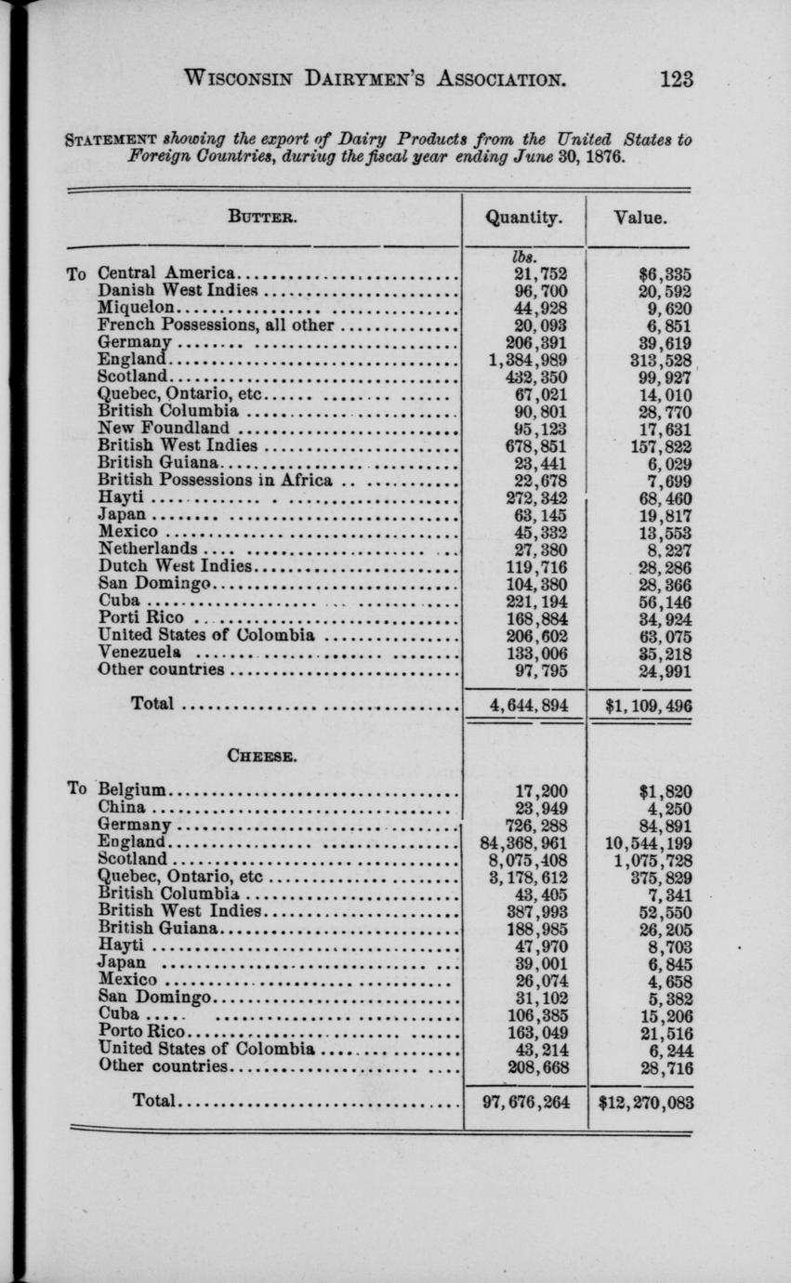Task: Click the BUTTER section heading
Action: (x=262, y=219)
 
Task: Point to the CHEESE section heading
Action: (x=262, y=756)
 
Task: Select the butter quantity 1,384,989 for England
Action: (x=527, y=360)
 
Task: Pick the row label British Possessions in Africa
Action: (x=215, y=481)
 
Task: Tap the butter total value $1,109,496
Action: (x=648, y=705)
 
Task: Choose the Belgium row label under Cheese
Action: (x=132, y=791)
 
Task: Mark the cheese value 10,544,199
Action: (x=648, y=843)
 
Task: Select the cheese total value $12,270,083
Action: (x=646, y=1103)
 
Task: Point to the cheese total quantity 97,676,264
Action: (x=526, y=1103)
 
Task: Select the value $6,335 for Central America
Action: (x=666, y=273)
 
